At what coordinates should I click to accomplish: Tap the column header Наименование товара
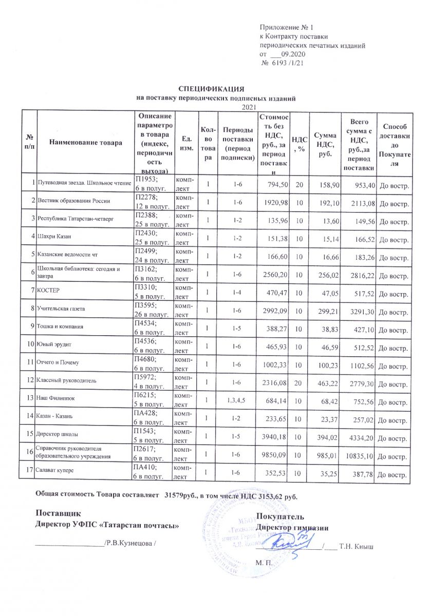click(x=84, y=143)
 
